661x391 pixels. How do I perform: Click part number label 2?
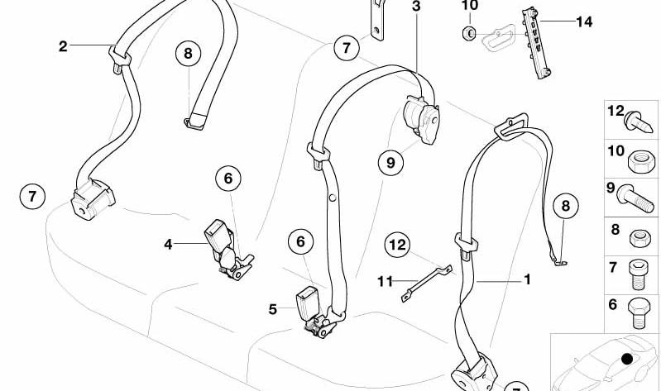(x=63, y=46)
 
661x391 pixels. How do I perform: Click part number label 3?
(x=416, y=7)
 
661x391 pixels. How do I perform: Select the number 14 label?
(x=584, y=21)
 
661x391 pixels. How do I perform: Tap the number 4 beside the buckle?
(x=168, y=245)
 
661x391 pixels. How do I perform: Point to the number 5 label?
(x=273, y=309)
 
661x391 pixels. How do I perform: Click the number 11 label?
(x=385, y=281)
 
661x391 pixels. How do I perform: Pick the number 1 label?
(x=527, y=279)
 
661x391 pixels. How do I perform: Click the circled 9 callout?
(x=390, y=162)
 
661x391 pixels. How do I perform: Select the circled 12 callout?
(x=398, y=245)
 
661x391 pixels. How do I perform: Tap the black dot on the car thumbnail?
(x=627, y=359)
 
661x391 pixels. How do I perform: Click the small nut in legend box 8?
(x=640, y=238)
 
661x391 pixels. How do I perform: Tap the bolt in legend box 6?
(x=639, y=313)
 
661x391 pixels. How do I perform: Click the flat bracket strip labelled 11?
(x=427, y=284)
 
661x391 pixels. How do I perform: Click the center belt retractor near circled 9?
(x=422, y=119)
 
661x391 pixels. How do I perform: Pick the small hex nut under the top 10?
(x=469, y=32)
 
